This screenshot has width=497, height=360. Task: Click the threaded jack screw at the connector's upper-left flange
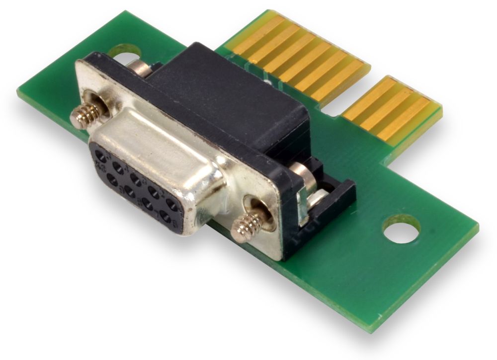pos(85,114)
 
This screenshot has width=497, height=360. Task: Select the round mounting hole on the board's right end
pos(402,229)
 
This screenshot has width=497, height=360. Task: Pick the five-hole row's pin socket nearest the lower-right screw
pos(171,203)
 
